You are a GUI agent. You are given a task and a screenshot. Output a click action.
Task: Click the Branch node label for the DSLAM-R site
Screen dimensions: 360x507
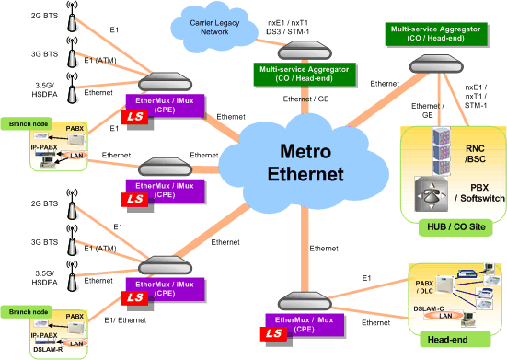point(23,311)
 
